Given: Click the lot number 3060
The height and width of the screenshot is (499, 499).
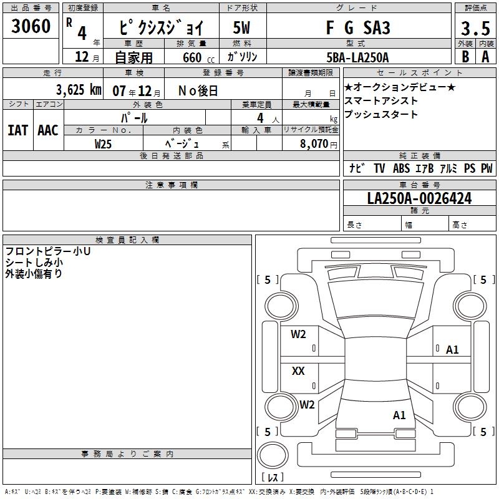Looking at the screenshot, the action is click(31, 26).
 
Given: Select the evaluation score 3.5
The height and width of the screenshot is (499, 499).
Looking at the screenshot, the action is click(475, 28).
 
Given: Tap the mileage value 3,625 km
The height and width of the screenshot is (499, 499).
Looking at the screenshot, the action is click(79, 90).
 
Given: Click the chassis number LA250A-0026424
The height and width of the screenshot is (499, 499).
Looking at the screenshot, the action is click(419, 198).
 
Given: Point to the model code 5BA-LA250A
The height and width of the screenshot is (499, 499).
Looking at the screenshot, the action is click(357, 57).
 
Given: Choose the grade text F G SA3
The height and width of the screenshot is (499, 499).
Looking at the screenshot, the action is click(358, 27).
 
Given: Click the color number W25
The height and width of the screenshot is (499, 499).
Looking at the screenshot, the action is click(103, 144).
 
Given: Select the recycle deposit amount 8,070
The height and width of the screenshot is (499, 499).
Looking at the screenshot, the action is click(314, 143).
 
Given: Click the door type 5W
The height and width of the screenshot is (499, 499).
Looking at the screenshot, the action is click(241, 27).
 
